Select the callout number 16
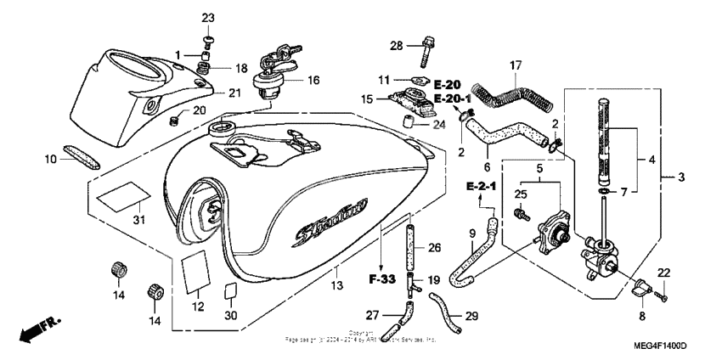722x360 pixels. pyautogui.click(x=313, y=81)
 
